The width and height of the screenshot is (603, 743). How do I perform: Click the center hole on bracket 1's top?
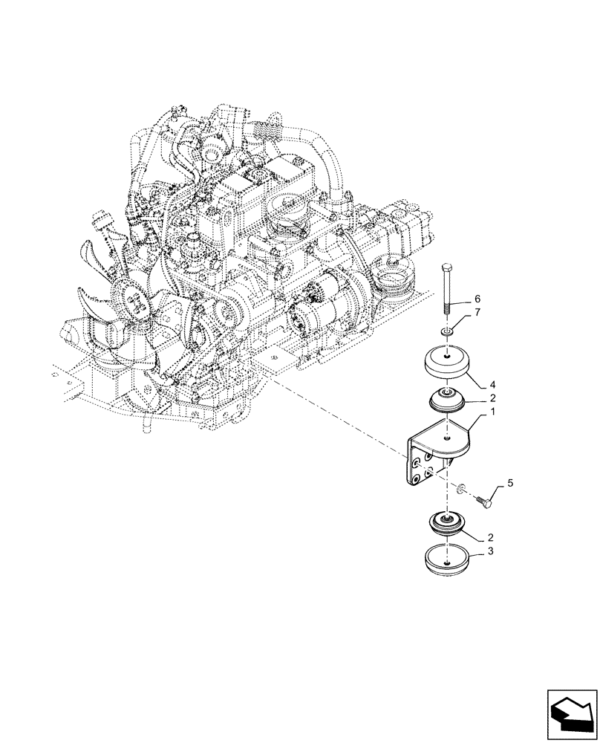tap(446, 439)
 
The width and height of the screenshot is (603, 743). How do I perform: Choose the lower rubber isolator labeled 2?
tap(446, 525)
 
